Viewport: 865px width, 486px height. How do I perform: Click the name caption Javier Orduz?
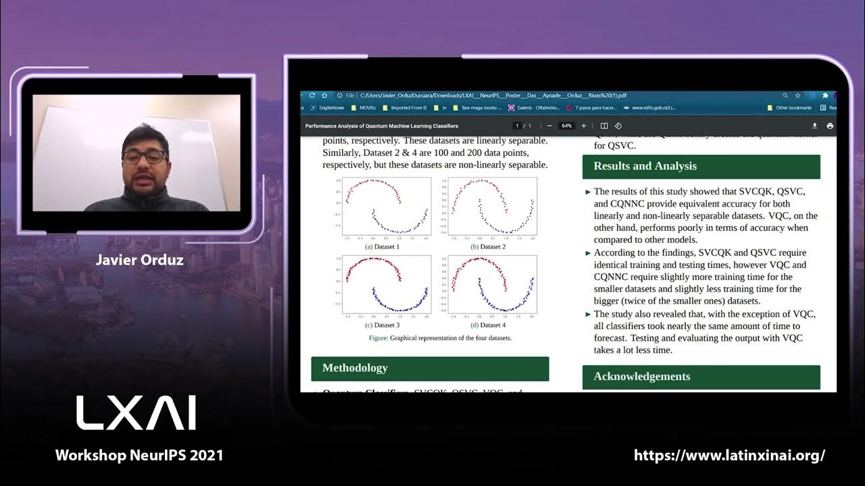click(139, 260)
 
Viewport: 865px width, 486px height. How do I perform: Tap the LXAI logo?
click(136, 412)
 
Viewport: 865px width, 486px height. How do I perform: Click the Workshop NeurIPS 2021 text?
click(139, 455)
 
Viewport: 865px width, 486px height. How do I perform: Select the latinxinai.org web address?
click(729, 455)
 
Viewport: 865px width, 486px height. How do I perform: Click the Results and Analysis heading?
click(645, 166)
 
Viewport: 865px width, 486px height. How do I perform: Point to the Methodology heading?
click(355, 368)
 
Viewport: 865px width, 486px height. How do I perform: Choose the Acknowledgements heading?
click(641, 377)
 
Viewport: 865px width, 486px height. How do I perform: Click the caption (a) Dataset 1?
click(382, 247)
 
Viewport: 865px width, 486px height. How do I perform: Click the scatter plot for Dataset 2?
click(490, 206)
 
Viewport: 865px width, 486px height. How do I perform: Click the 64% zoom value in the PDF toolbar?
click(566, 126)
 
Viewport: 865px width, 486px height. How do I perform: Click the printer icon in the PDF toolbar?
click(830, 126)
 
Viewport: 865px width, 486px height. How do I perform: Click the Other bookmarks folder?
click(790, 107)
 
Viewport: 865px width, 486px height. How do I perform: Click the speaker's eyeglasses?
click(145, 157)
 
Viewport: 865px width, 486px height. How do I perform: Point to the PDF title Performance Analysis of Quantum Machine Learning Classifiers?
click(381, 126)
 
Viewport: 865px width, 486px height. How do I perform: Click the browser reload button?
click(312, 96)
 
